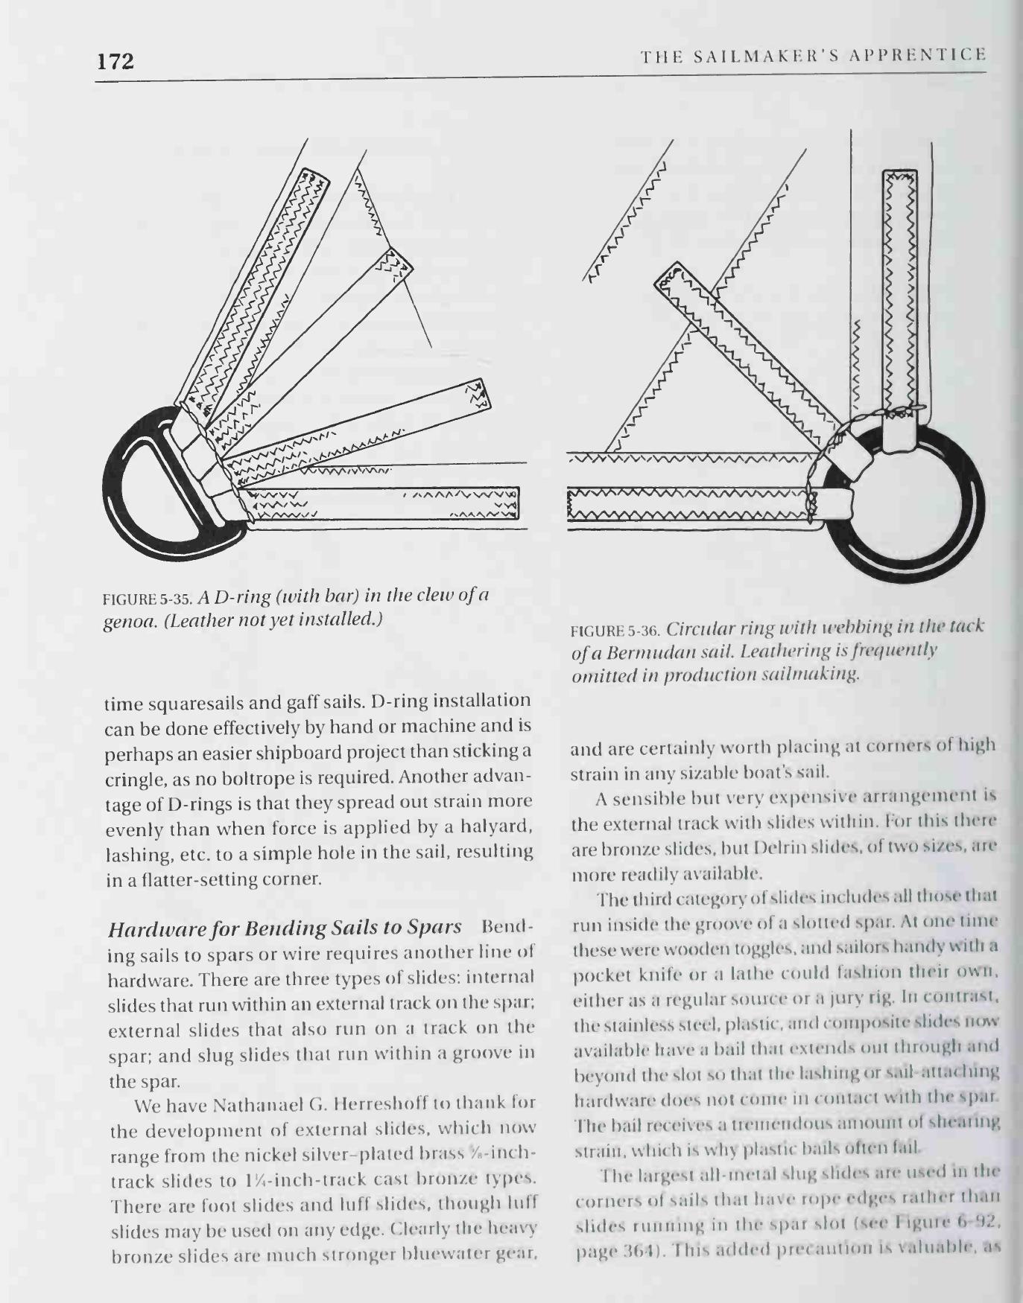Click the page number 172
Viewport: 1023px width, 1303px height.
tap(115, 61)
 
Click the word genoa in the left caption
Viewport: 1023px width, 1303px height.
tap(124, 619)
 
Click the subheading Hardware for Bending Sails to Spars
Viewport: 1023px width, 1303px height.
tap(285, 928)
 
